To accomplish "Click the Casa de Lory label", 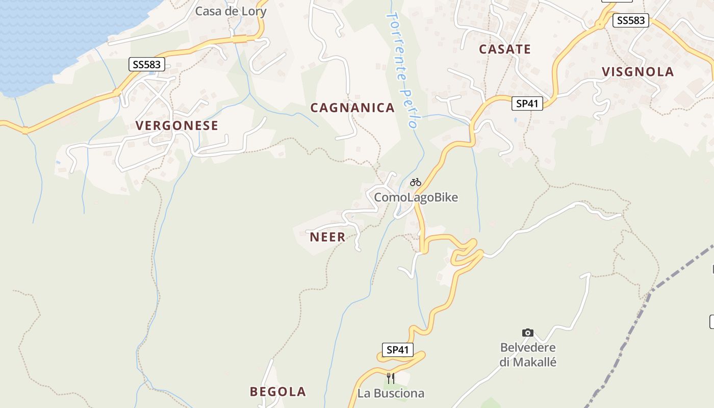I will click(231, 11).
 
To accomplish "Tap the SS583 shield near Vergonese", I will click(146, 64).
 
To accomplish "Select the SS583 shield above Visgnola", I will click(631, 21).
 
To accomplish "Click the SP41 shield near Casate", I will click(527, 104).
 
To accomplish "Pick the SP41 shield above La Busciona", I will click(397, 350).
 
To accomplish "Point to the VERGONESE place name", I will click(176, 125).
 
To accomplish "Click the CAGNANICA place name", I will click(352, 108).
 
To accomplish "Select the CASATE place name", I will click(504, 49).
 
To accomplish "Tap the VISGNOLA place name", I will click(637, 72).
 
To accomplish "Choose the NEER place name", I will click(327, 237).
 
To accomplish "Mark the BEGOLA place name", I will click(277, 392).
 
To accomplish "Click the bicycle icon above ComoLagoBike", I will click(416, 182).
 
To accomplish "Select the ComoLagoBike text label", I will click(416, 197).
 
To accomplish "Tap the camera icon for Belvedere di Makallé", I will click(528, 333).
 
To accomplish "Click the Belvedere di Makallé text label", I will click(528, 355).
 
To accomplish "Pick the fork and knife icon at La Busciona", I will click(391, 378).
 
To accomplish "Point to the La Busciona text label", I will click(391, 393).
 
